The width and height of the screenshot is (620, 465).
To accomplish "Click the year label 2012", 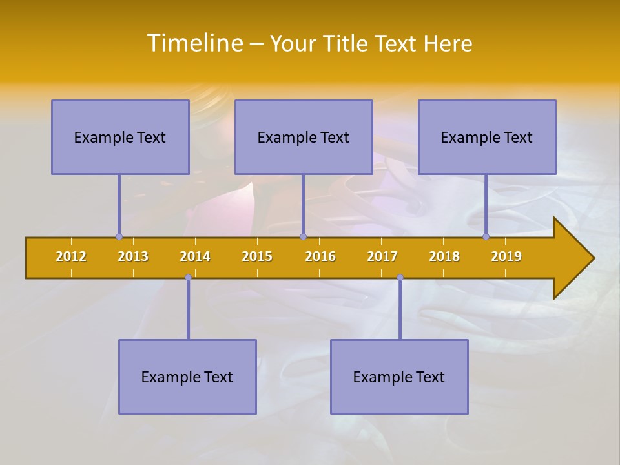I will click(x=71, y=256).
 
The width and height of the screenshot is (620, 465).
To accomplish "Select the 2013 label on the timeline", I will click(x=133, y=256).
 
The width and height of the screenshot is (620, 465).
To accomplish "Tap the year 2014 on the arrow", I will click(x=195, y=256).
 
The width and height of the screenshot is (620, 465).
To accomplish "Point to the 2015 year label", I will click(x=257, y=256).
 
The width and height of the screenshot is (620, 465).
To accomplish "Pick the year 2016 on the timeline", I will click(x=320, y=256).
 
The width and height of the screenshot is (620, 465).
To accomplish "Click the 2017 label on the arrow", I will click(x=382, y=256).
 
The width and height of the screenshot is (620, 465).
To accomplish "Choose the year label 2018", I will click(x=444, y=256).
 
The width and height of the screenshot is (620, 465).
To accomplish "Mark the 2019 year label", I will click(x=506, y=256).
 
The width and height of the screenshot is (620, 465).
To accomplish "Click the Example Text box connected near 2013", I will click(x=120, y=137).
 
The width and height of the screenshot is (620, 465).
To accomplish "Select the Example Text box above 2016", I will click(x=304, y=137).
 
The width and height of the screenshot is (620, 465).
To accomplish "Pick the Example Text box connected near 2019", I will click(x=487, y=137).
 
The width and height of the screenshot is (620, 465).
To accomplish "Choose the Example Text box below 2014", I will click(x=187, y=377).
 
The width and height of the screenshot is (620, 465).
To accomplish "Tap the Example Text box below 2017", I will click(x=399, y=377).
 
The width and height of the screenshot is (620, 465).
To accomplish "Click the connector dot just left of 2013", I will click(x=119, y=237).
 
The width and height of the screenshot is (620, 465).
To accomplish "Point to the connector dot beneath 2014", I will click(x=188, y=278).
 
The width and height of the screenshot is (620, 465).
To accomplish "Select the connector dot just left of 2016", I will click(x=303, y=237).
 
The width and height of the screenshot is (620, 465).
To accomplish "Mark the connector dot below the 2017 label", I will click(x=400, y=278).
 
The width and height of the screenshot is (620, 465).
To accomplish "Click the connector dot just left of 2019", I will click(x=486, y=237).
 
